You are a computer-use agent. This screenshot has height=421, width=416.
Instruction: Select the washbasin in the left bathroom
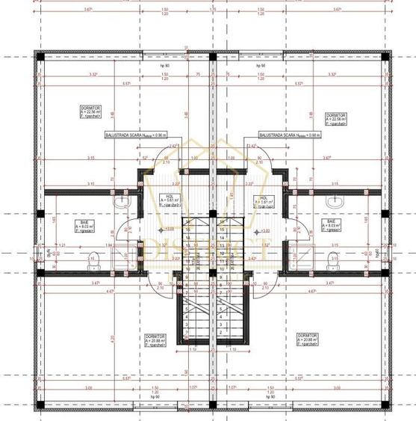click(x=121, y=202)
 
